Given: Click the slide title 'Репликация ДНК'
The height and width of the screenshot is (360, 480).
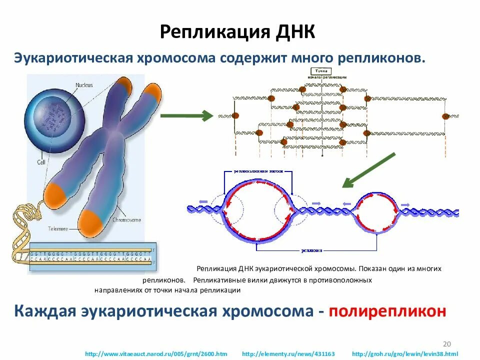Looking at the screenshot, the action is click(237, 32).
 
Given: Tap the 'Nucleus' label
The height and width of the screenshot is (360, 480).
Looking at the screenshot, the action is click(84, 85).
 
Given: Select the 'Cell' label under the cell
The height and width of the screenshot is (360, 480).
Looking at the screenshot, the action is click(41, 162).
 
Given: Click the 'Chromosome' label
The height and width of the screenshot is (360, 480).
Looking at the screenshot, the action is click(126, 219).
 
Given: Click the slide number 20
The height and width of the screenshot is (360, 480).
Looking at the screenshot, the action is click(447, 343).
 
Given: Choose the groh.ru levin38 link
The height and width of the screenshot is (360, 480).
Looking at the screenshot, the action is click(405, 354).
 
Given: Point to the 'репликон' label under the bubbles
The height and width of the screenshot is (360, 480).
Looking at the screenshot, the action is click(310, 250).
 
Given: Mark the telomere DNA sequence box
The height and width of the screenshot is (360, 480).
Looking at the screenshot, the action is click(90, 255).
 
